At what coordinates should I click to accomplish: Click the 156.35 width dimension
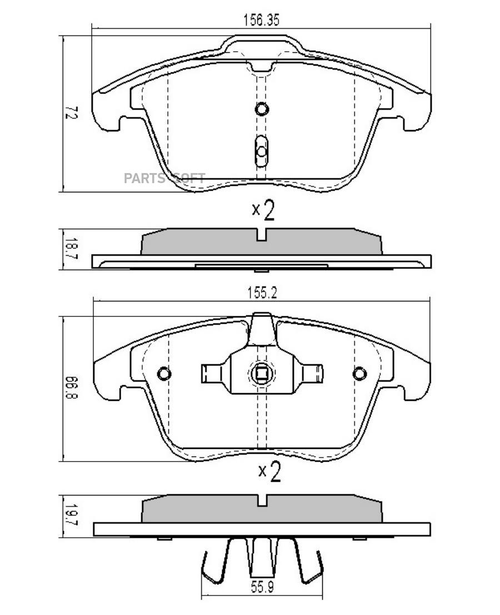coord(261,20)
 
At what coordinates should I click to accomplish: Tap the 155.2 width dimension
coord(262,293)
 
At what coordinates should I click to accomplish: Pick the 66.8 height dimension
coord(72,388)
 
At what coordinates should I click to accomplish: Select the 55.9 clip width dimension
coord(262,598)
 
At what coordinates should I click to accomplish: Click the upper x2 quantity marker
coord(263,210)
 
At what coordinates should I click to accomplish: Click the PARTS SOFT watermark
coord(164,178)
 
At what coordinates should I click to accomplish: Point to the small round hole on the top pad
coord(261,108)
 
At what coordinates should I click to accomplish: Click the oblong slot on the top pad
coord(261,151)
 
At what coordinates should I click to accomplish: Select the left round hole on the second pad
coord(164,374)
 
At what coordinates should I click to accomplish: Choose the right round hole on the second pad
coord(359,374)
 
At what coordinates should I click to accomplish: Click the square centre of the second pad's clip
coord(261,374)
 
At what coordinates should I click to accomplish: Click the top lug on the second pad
coord(262,329)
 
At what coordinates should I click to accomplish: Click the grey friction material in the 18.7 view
coord(261,241)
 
